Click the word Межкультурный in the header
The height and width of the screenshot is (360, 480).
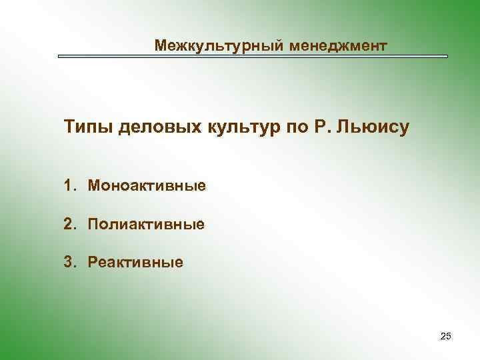click(x=214, y=45)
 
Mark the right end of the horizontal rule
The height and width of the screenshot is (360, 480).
click(x=447, y=57)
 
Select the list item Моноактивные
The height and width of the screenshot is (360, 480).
click(x=147, y=185)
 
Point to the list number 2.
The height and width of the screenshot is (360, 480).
click(x=69, y=223)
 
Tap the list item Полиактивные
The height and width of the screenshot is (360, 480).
click(x=146, y=223)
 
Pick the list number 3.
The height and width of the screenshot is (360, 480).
click(x=69, y=262)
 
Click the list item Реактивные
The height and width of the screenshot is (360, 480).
click(x=135, y=262)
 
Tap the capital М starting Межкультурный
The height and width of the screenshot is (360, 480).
click(x=160, y=45)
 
